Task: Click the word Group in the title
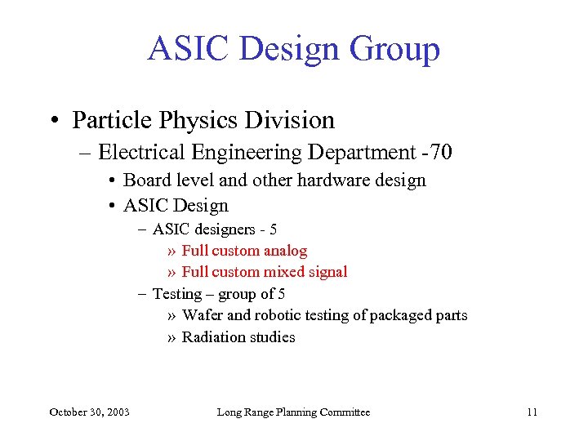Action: tap(394, 49)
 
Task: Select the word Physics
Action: tap(189, 120)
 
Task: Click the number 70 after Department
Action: tap(441, 153)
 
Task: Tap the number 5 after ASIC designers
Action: tap(274, 229)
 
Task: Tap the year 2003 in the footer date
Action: tap(115, 412)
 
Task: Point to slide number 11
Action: tap(532, 412)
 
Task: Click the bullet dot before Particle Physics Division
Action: tap(56, 121)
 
